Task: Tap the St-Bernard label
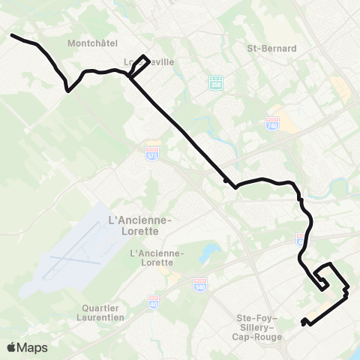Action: (x=271, y=48)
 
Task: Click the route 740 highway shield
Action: (x=272, y=123)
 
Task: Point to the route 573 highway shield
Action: (x=152, y=153)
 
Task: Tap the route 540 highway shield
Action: (x=200, y=286)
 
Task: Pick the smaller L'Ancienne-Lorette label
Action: (x=156, y=257)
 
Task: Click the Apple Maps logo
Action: (x=26, y=347)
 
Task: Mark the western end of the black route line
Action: (x=12, y=34)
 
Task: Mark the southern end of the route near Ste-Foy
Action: (x=303, y=323)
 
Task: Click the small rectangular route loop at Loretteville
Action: (x=139, y=66)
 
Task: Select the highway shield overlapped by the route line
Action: (x=301, y=240)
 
